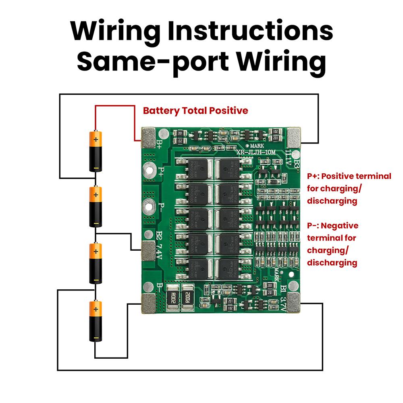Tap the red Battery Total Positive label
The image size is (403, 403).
pos(195,110)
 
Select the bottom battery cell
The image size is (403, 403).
pos(96,321)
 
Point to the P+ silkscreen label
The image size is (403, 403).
pos(161,171)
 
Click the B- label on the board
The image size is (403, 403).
pos(160,287)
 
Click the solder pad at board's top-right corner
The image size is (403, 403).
pos(294,137)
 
